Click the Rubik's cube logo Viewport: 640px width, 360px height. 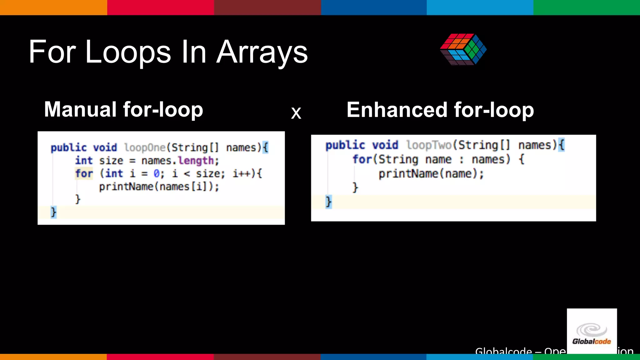coord(463,49)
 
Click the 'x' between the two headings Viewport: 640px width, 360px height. coord(296,113)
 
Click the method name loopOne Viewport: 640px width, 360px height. coord(145,147)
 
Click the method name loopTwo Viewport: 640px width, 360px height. coord(429,145)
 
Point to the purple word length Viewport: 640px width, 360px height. coord(196,161)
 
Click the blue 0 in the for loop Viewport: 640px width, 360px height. coord(157,173)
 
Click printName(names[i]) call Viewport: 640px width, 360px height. coord(159,187)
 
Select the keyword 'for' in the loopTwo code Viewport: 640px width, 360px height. coord(362,159)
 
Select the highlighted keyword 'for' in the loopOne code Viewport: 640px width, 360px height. coord(84,173)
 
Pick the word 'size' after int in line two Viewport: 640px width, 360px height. coord(111,161)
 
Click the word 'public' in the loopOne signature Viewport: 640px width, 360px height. coord(68,147)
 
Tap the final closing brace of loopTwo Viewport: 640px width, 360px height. coord(328,202)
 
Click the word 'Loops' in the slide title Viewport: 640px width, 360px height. coord(128,52)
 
